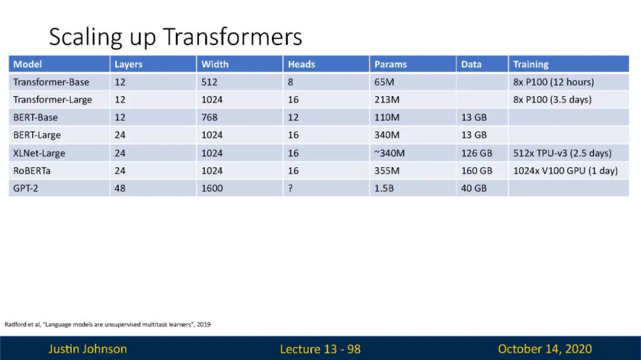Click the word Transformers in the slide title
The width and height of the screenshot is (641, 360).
click(232, 36)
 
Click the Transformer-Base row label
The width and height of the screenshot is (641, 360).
click(51, 82)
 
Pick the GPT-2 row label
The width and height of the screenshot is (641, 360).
click(26, 189)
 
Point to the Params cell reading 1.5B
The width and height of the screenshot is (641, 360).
click(384, 189)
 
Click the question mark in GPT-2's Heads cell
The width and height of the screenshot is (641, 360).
click(290, 189)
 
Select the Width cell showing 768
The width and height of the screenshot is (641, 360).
click(210, 117)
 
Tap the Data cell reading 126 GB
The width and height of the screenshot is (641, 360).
click(477, 153)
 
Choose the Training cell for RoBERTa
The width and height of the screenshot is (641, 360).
click(566, 171)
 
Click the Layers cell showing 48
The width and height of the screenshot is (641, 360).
click(120, 189)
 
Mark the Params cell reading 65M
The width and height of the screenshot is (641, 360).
click(384, 82)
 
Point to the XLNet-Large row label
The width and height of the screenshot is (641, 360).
click(39, 153)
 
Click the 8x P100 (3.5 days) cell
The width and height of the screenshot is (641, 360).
click(553, 100)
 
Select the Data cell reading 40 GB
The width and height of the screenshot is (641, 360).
click(474, 189)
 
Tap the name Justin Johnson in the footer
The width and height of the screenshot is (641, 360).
click(88, 349)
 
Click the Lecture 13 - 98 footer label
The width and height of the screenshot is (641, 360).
click(320, 349)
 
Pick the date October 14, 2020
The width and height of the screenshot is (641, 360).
click(544, 349)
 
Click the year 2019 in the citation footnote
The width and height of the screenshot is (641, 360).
click(204, 324)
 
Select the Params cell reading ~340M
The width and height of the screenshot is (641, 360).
click(389, 153)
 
